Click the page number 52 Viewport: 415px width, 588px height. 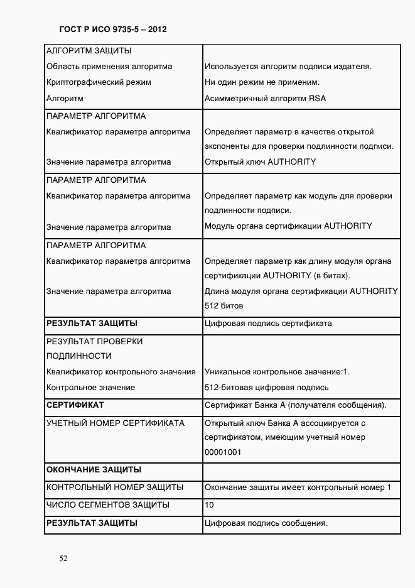[63, 558]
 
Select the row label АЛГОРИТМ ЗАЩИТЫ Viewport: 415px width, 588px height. [89, 51]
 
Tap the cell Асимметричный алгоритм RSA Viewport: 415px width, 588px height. [265, 99]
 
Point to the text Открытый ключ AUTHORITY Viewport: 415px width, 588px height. [260, 162]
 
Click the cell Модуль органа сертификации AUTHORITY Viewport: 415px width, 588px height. [288, 226]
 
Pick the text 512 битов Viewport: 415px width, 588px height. [224, 306]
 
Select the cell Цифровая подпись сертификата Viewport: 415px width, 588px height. [268, 324]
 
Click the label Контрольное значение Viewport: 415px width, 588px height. [91, 388]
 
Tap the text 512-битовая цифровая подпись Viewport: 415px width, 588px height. [266, 388]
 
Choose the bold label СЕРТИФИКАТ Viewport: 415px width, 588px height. [75, 405]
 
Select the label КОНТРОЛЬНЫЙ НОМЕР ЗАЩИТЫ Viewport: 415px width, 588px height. [115, 487]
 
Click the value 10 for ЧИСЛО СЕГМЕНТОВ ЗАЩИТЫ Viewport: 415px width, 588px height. [210, 505]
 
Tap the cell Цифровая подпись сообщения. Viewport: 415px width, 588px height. [267, 523]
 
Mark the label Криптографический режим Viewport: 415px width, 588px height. [99, 82]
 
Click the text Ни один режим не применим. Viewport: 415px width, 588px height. [262, 82]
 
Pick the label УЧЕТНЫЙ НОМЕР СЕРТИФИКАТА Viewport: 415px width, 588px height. [116, 423]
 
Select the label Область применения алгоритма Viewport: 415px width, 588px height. [109, 67]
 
